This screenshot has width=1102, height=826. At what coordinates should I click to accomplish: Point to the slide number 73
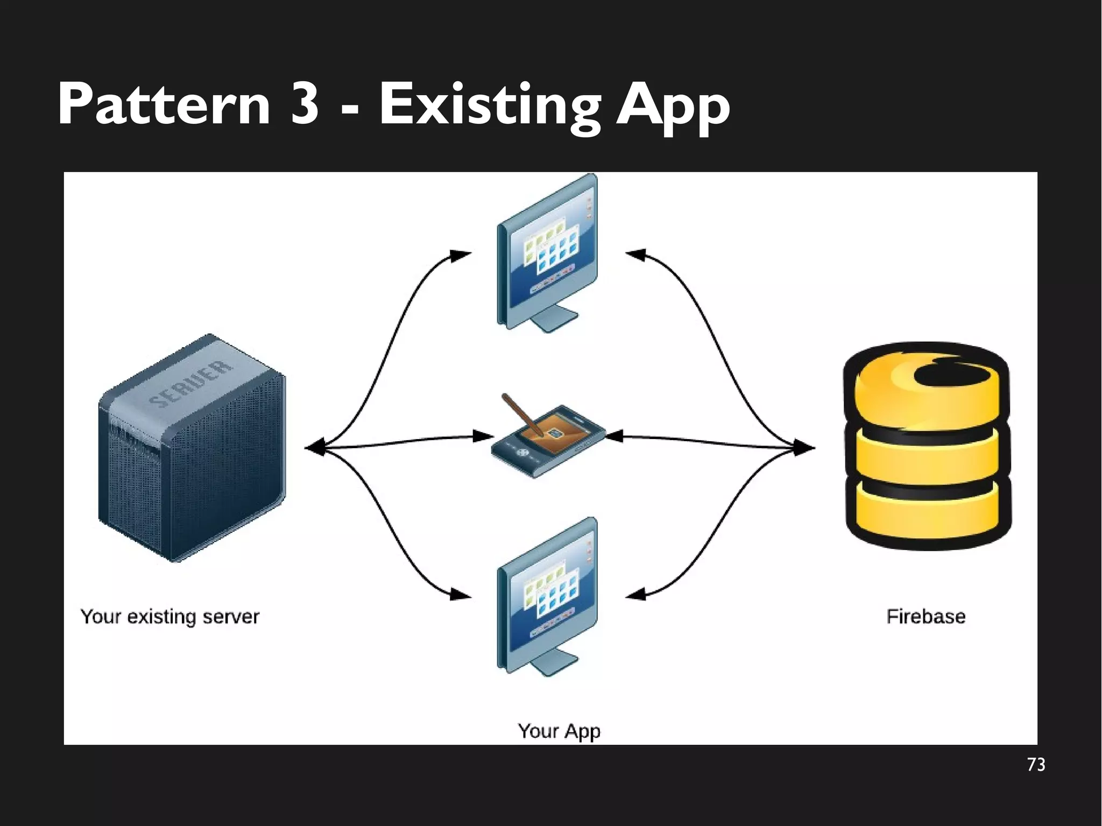click(1036, 765)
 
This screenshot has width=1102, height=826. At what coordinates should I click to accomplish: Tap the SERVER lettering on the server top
click(190, 384)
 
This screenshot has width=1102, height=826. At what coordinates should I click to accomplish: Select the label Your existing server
click(170, 617)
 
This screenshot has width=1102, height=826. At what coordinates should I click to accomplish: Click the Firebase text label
click(926, 617)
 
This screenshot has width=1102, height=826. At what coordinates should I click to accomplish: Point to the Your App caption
click(559, 731)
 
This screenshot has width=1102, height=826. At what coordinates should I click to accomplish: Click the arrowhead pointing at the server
click(315, 447)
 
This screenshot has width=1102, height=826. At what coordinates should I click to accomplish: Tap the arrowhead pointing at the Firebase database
click(804, 447)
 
